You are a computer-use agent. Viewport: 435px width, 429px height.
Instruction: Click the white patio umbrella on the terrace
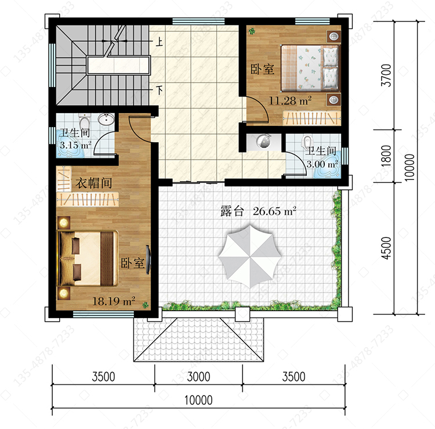250,256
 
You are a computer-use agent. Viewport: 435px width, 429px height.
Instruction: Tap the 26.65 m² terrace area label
274,211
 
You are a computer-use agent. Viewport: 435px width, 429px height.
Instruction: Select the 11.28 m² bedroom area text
290,100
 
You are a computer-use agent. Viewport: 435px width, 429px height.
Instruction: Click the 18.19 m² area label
114,301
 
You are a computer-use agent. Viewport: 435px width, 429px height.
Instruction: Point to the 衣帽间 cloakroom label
94,183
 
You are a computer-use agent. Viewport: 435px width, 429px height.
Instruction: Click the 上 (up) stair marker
159,42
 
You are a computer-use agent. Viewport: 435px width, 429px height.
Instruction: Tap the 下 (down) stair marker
159,90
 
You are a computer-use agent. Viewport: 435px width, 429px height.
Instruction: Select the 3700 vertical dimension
386,75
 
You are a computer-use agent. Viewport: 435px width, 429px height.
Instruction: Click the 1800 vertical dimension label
386,156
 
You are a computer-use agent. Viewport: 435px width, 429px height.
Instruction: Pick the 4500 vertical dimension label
386,248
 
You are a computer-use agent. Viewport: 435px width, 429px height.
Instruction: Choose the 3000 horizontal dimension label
198,377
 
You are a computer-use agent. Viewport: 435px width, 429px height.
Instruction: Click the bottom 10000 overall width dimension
198,400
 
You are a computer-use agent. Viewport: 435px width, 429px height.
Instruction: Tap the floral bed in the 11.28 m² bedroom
310,68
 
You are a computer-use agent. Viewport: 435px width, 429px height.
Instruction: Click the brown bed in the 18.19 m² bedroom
88,258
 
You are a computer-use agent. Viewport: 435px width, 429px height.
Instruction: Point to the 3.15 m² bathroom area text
75,145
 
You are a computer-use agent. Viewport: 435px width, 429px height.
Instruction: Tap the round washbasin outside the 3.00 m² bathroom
263,141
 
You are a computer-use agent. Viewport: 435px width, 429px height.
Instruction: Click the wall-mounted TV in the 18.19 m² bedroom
148,260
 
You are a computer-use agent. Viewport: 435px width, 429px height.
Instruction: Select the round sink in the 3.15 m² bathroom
106,120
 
